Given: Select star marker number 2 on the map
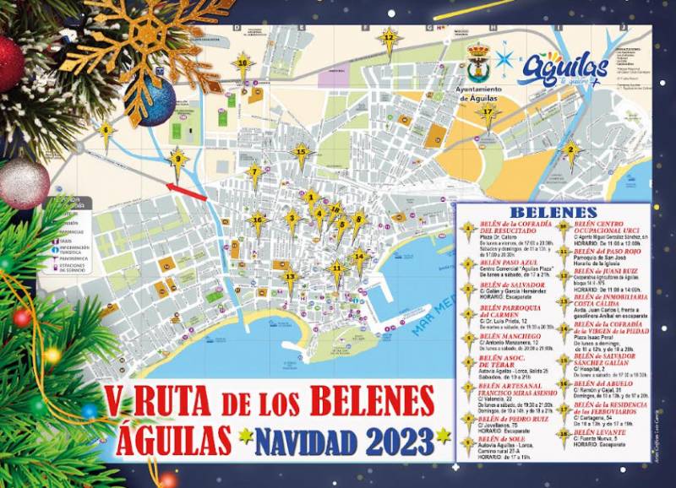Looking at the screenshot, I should pyautogui.click(x=570, y=152).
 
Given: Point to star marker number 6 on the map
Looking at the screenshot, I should pyautogui.click(x=106, y=131).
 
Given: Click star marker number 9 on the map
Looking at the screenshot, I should pyautogui.click(x=177, y=158).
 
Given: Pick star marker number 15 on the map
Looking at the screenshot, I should pyautogui.click(x=302, y=154).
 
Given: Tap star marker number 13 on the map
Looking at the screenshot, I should pyautogui.click(x=290, y=277).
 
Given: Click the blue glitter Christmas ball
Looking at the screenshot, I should pyautogui.click(x=155, y=101).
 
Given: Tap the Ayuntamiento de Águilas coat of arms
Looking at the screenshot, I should pyautogui.click(x=482, y=62).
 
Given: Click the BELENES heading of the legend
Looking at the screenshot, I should pyautogui.click(x=553, y=210).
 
